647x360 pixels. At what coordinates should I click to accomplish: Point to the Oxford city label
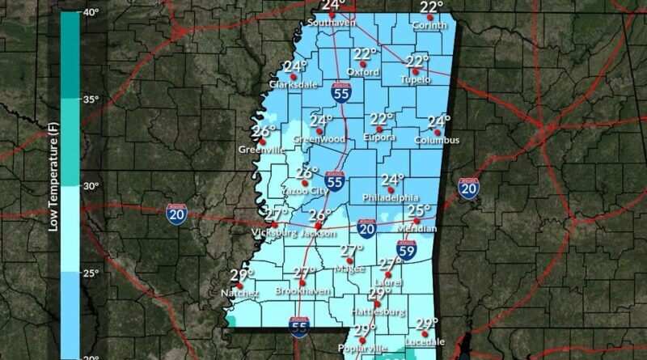[365, 71]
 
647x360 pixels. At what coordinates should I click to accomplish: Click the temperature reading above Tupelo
[417, 61]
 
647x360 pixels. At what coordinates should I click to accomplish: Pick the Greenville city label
[262, 150]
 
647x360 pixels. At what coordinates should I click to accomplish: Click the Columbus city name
[437, 140]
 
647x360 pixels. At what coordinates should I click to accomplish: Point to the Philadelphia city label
[391, 197]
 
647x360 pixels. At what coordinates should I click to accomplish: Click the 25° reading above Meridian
[419, 211]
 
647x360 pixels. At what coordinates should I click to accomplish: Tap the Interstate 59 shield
[406, 248]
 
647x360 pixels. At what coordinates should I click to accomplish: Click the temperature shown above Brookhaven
[305, 273]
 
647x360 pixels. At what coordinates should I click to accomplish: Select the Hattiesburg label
[378, 311]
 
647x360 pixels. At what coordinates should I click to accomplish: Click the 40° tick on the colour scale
[90, 13]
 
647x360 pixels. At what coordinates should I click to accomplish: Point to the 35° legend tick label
[90, 100]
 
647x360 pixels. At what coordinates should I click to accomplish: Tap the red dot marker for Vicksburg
[275, 224]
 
